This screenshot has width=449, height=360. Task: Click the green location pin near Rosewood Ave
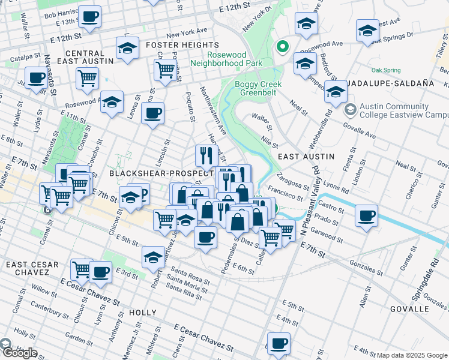(281, 46)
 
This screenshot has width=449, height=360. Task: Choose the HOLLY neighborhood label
(142, 313)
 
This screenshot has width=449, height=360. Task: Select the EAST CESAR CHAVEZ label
(32, 268)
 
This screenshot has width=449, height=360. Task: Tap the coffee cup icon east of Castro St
(366, 215)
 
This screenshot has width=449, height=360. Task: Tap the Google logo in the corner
(19, 353)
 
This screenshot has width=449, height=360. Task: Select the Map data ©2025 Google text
(412, 355)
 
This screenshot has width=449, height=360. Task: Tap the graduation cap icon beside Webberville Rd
(336, 92)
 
